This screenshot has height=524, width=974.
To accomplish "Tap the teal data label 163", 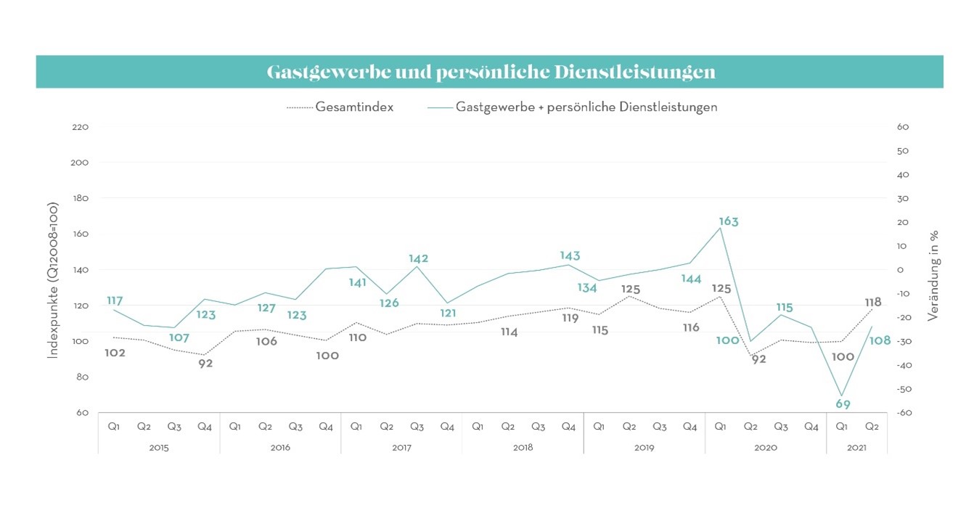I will click(x=728, y=221).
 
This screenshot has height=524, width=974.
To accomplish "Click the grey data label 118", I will click(x=872, y=302).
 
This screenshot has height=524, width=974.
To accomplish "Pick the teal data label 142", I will click(x=418, y=258).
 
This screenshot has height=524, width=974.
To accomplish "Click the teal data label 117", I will click(x=115, y=300).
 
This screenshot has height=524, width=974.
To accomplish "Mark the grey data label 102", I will click(x=115, y=353).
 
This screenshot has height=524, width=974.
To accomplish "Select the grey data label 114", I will click(x=509, y=332).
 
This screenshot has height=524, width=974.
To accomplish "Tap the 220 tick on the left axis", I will click(x=80, y=127).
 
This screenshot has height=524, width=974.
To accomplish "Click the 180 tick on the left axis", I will click(x=80, y=198).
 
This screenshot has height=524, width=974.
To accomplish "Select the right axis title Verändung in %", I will click(x=935, y=275).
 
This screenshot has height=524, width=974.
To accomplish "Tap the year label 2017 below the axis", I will click(x=401, y=448).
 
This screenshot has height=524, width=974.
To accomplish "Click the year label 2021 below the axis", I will click(x=856, y=448).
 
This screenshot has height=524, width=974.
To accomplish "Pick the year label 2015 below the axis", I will click(x=159, y=448).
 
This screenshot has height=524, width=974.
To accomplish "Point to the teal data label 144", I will click(x=690, y=279).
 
